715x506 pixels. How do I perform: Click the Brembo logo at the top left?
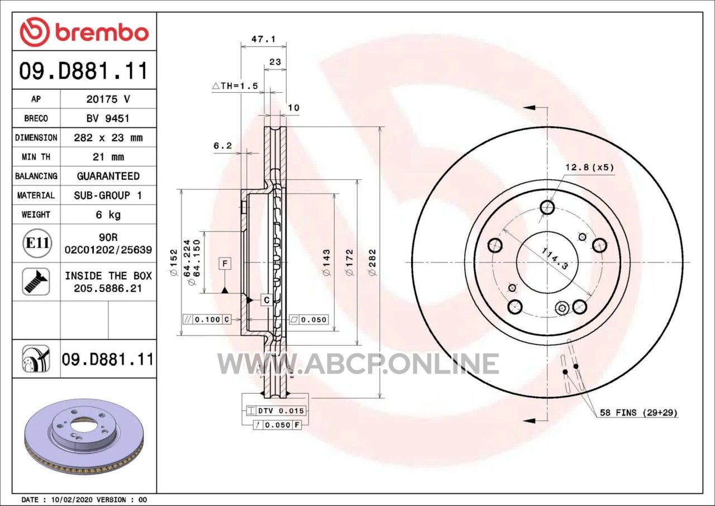coord(84,32)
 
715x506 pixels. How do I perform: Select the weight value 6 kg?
coord(108,214)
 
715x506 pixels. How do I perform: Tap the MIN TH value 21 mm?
coord(108,156)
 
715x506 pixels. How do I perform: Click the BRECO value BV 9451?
coord(108,118)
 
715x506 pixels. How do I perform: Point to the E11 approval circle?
coord(37,243)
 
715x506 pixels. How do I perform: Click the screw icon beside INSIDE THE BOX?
coord(36,281)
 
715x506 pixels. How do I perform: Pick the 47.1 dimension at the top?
coord(263,39)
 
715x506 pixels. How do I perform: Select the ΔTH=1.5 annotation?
coord(235,86)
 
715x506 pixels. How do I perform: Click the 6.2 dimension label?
coord(222,146)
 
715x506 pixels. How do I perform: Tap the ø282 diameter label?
coord(372,262)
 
